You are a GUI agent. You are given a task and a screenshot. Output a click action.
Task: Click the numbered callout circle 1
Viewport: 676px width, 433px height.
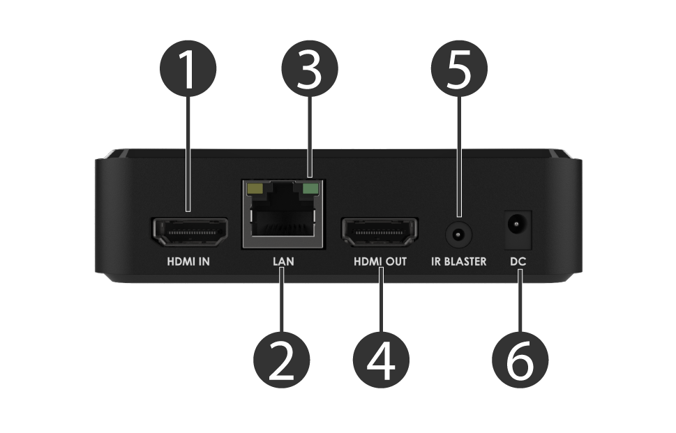pyautogui.click(x=188, y=70)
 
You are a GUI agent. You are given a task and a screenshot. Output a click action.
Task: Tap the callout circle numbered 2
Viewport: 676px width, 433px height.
pyautogui.click(x=282, y=360)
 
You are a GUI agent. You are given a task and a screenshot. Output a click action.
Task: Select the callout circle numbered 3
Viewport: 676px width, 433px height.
pyautogui.click(x=309, y=70)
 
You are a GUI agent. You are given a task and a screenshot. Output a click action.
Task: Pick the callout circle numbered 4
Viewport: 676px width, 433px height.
pyautogui.click(x=380, y=360)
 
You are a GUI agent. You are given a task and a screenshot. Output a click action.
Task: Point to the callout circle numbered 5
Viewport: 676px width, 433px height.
pyautogui.click(x=459, y=70)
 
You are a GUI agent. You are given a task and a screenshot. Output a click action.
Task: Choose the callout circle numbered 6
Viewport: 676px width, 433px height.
pyautogui.click(x=520, y=360)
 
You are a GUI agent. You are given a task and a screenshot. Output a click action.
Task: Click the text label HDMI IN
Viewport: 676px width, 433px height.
pyautogui.click(x=188, y=262)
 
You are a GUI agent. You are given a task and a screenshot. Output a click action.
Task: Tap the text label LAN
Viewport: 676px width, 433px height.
pyautogui.click(x=283, y=262)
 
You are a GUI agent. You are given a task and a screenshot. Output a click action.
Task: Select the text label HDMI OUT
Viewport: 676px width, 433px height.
pyautogui.click(x=380, y=262)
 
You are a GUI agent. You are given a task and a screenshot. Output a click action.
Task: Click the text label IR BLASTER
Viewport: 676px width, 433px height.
pyautogui.click(x=458, y=262)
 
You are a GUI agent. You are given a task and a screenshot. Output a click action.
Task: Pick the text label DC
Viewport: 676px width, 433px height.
pyautogui.click(x=518, y=262)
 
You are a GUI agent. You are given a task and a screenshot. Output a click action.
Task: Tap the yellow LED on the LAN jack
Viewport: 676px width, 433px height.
pyautogui.click(x=255, y=188)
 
